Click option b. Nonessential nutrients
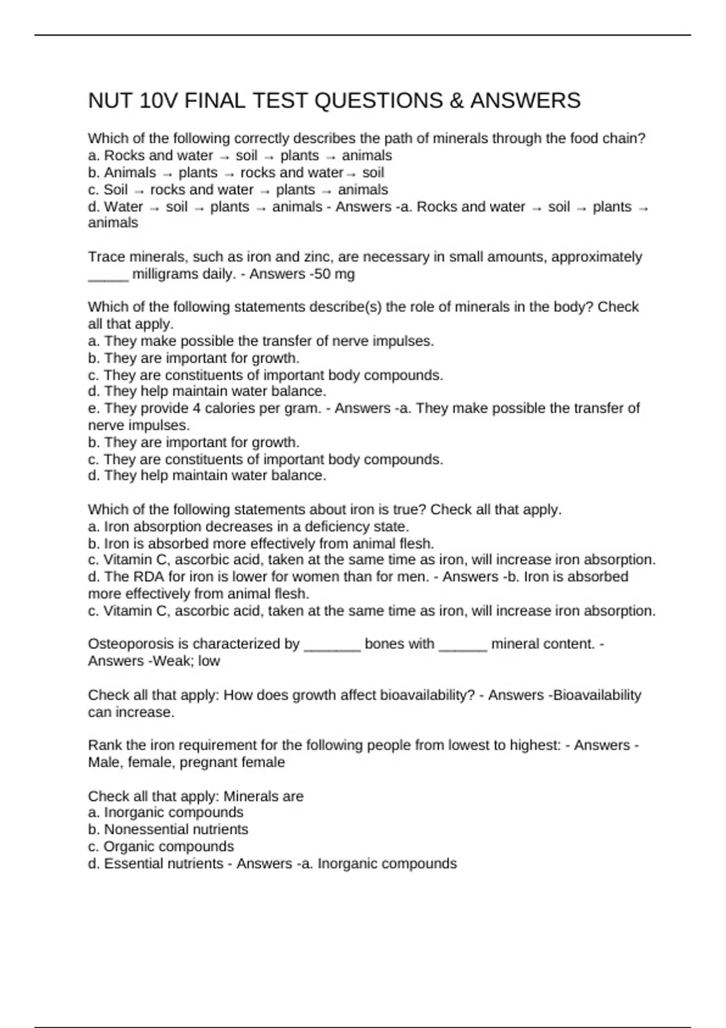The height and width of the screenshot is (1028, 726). pyautogui.click(x=168, y=830)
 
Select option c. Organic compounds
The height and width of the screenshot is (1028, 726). pyautogui.click(x=161, y=847)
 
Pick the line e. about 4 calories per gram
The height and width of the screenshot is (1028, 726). pyautogui.click(x=204, y=409)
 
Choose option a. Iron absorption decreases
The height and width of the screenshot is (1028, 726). pyautogui.click(x=249, y=527)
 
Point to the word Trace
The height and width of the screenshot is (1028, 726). pyautogui.click(x=106, y=257)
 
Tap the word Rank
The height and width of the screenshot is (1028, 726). pyautogui.click(x=104, y=745)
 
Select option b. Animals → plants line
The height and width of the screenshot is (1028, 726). pyautogui.click(x=236, y=173)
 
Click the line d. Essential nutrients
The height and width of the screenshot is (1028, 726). pyautogui.click(x=156, y=864)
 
